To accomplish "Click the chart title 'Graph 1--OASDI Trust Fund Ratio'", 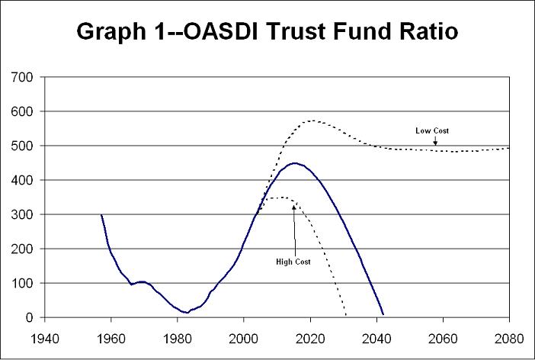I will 267,34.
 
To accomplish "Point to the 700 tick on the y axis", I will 23,77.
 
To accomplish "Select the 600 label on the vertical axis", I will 23,111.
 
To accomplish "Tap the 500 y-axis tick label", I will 23,146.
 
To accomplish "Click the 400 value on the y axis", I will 23,180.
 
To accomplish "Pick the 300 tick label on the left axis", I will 23,214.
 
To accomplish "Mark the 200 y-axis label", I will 23,249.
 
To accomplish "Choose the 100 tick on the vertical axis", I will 23,283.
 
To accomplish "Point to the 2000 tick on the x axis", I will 244,336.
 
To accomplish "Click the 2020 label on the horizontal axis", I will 310,336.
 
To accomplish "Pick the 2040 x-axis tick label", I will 376,336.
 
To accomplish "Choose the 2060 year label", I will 443,336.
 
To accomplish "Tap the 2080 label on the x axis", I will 509,336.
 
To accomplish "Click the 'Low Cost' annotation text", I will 432,130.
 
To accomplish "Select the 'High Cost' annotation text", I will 293,262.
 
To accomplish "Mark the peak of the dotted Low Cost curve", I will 312,121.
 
